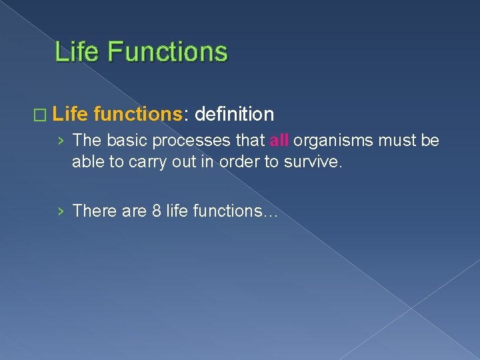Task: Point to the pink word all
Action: tap(279, 141)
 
